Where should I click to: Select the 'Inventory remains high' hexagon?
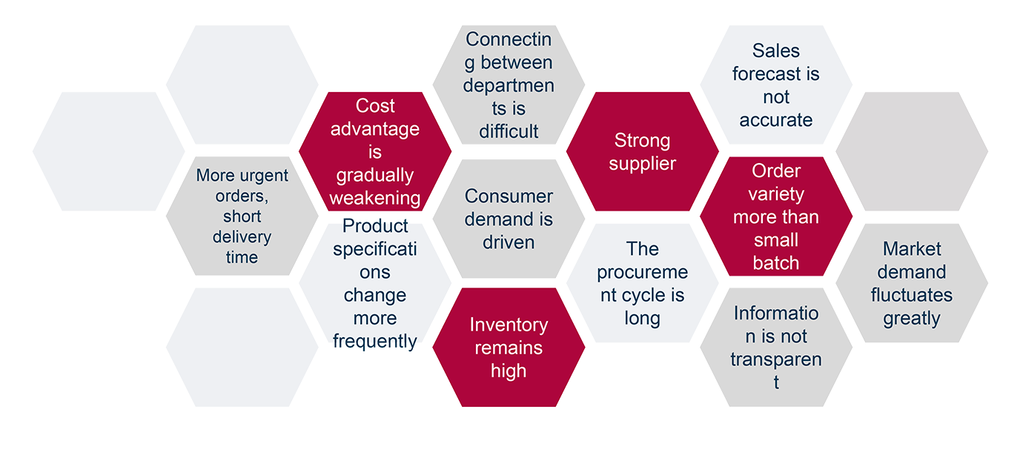(x=509, y=348)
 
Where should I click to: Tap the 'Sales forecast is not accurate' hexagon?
(x=776, y=85)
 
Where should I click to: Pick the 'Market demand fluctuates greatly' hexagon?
(x=911, y=284)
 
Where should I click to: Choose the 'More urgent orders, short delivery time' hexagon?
(x=242, y=216)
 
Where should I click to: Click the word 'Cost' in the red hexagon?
(x=375, y=106)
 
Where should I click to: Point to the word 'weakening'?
(x=375, y=198)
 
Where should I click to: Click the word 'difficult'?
(x=509, y=131)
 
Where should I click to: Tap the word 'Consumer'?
(x=509, y=196)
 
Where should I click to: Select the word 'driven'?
(x=509, y=242)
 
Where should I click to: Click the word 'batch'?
(x=776, y=262)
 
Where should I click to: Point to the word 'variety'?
(x=776, y=194)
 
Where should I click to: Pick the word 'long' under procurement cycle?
(x=642, y=319)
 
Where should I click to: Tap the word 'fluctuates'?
(x=911, y=295)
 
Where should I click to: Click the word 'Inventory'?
(x=509, y=325)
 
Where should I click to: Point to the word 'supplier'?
(x=642, y=163)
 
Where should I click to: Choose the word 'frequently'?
(x=375, y=341)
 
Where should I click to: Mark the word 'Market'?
(x=911, y=248)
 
